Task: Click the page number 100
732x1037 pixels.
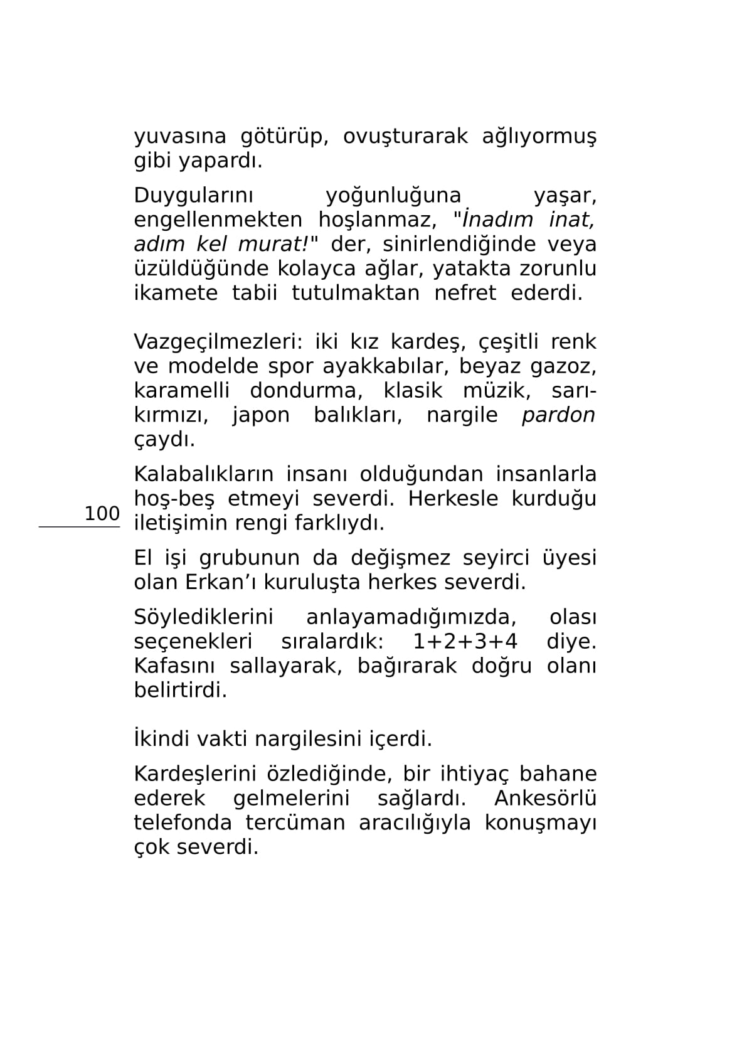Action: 102,514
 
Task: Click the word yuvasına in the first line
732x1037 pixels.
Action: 180,137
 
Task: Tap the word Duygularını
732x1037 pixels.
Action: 193,196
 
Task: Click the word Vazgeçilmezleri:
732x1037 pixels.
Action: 217,342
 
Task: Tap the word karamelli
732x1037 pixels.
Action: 181,391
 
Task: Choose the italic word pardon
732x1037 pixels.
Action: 558,415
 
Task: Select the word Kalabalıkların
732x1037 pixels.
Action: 203,474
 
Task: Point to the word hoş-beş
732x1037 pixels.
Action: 174,499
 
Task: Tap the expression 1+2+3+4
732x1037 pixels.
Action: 465,642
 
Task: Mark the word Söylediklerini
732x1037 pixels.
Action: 203,617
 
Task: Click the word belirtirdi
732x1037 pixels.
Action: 180,691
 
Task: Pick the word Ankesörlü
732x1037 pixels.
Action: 545,799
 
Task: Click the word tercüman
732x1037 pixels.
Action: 295,823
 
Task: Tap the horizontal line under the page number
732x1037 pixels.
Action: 79,528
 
